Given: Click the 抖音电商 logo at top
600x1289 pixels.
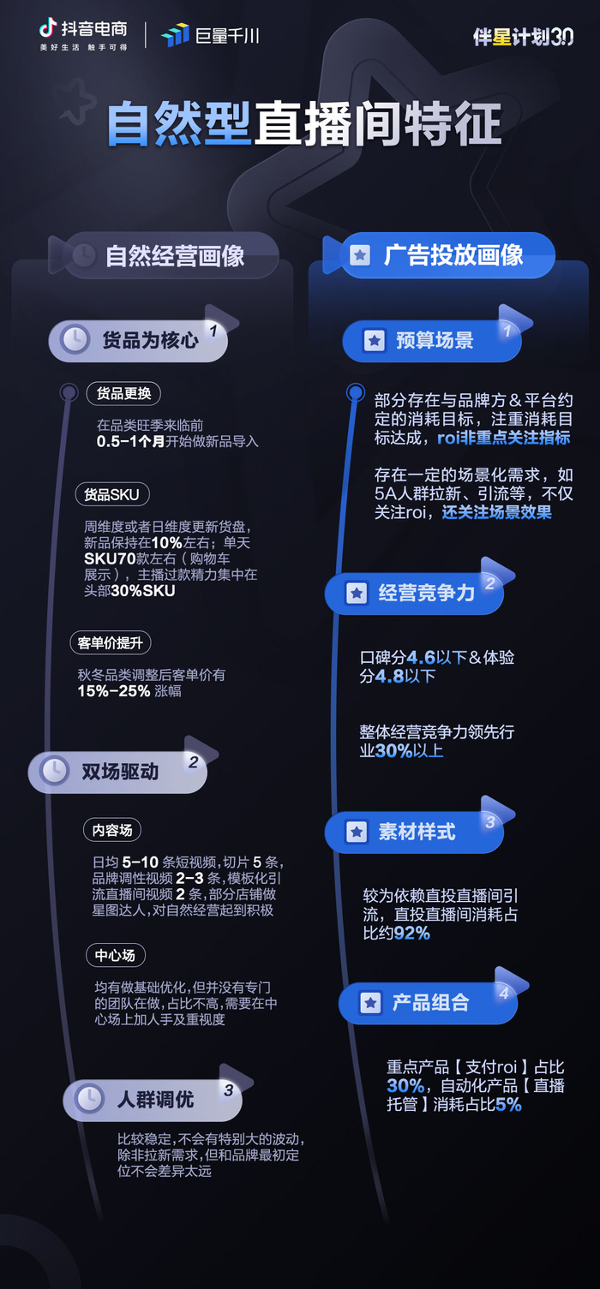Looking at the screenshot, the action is click(83, 34).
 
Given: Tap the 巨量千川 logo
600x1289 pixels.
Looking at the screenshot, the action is click(210, 35).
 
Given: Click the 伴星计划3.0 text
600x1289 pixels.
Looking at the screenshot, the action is click(523, 37).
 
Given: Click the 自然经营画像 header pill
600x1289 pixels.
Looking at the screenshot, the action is click(174, 255).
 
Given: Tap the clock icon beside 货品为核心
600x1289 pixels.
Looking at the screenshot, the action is click(75, 340).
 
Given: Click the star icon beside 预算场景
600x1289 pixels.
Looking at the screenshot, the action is click(374, 341).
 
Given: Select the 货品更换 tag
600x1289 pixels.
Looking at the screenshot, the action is click(123, 393).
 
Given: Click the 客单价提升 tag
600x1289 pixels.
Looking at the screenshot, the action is click(110, 642).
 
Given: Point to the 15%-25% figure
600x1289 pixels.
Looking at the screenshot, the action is click(114, 691).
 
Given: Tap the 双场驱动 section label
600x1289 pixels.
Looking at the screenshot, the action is click(120, 771).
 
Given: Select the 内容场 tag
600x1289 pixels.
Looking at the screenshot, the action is click(111, 829).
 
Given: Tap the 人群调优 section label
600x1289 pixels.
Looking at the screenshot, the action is click(155, 1099).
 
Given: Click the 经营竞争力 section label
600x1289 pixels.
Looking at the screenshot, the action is click(426, 593).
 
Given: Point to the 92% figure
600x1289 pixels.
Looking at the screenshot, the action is click(411, 933).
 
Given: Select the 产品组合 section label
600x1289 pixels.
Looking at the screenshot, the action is click(430, 1003).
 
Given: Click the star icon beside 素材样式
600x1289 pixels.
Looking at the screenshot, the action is click(356, 832).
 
